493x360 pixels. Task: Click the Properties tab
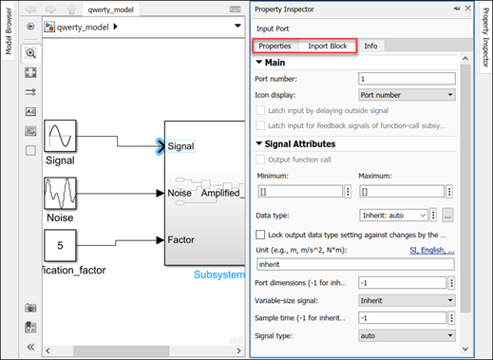[x=275, y=46]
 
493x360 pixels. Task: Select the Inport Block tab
[x=327, y=46]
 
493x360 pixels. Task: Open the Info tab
[x=370, y=46]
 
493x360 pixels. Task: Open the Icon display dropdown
[x=408, y=94]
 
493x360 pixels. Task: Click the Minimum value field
[x=297, y=191]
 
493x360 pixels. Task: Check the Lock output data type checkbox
[x=261, y=234]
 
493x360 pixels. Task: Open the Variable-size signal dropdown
[x=408, y=299]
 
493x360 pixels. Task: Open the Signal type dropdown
[x=408, y=334]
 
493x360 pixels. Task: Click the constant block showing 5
[x=61, y=248]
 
